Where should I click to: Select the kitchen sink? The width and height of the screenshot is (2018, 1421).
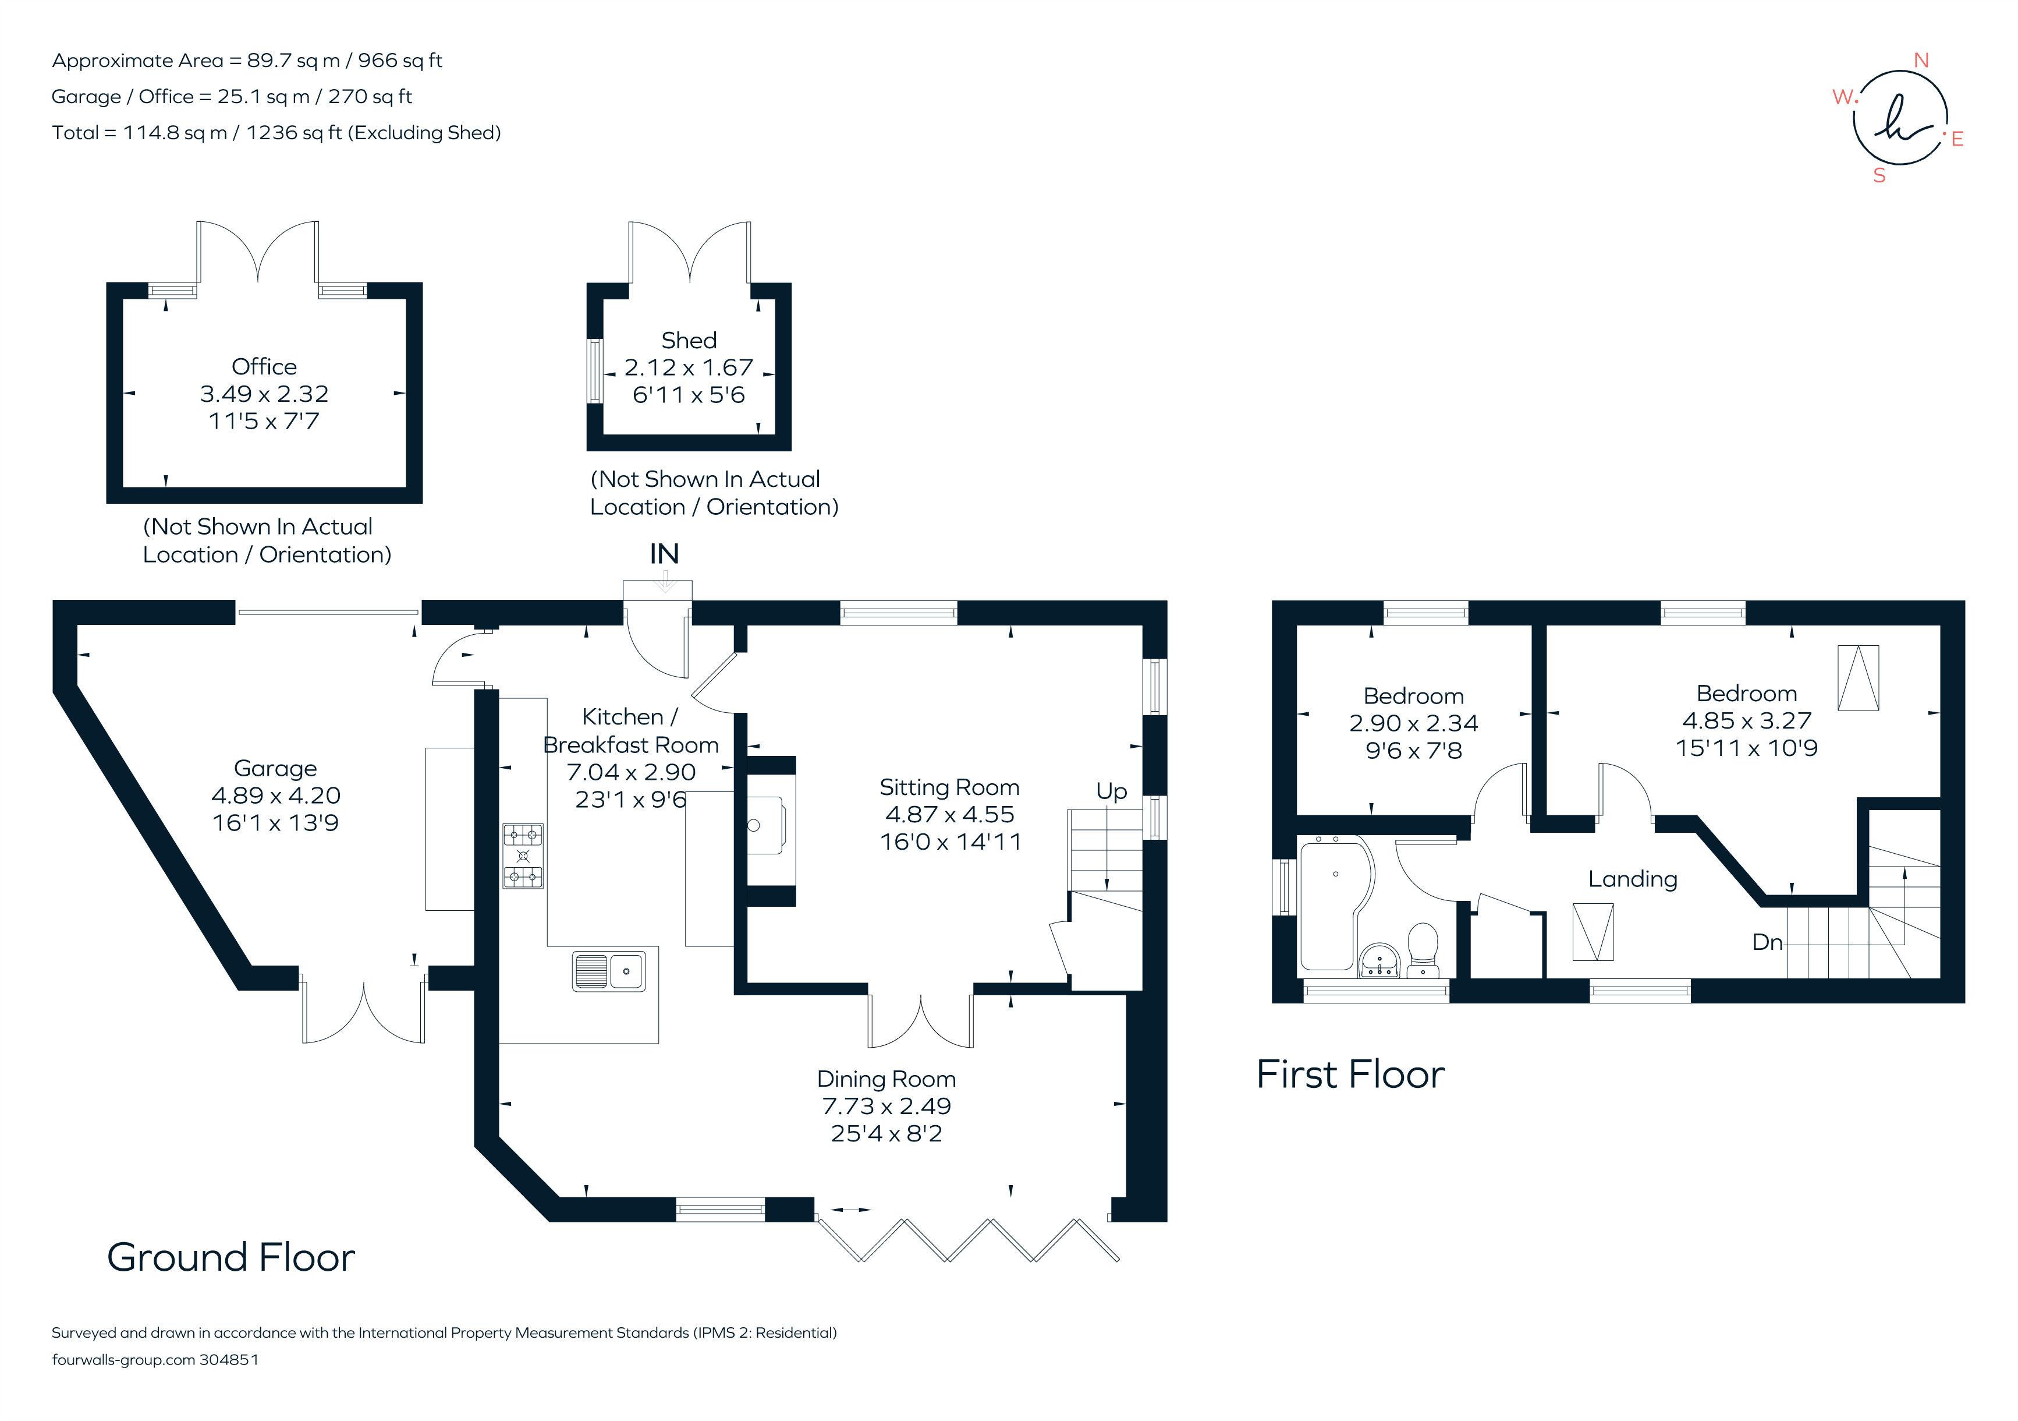coord(608,971)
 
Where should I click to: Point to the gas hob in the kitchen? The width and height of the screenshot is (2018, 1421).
coord(523,856)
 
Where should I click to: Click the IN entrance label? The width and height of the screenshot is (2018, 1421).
coord(665,554)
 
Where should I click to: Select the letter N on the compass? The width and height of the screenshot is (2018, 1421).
coord(1921,61)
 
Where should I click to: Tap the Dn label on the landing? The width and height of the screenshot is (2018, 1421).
coord(1768,943)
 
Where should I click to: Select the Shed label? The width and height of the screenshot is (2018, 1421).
coord(689,340)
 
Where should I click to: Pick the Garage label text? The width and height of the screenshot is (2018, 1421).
coord(275,769)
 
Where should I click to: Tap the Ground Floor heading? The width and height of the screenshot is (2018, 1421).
coord(231,1257)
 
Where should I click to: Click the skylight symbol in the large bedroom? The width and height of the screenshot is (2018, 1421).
coord(1858,678)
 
